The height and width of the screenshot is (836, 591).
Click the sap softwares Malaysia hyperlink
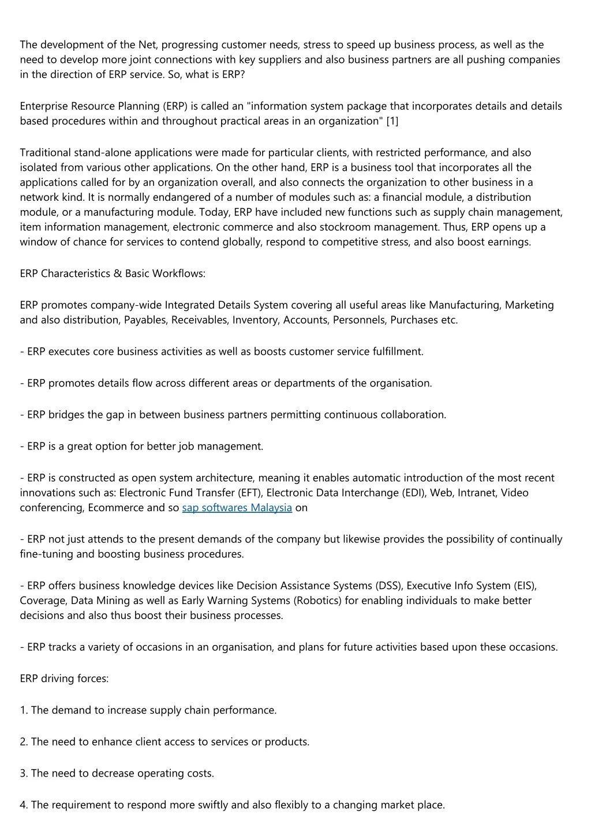click(237, 508)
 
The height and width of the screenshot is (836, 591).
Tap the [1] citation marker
click(392, 121)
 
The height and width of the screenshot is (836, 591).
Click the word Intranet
click(477, 493)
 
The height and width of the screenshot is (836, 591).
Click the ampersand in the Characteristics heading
click(118, 273)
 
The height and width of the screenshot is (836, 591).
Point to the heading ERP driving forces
click(64, 678)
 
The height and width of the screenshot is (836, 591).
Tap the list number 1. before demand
click(24, 710)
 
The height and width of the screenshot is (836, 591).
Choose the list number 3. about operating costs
click(24, 773)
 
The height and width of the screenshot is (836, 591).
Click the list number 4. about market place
click(24, 805)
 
